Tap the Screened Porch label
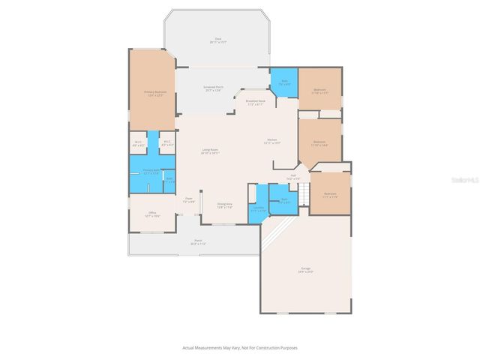pos(213,89)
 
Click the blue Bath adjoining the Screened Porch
pos(284,81)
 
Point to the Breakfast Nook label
pos(255,102)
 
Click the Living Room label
pos(209,151)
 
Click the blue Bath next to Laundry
pos(284,202)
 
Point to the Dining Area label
pos(224,205)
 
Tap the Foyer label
pos(189,200)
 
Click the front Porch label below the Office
pos(198,243)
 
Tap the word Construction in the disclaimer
pos(269,348)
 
